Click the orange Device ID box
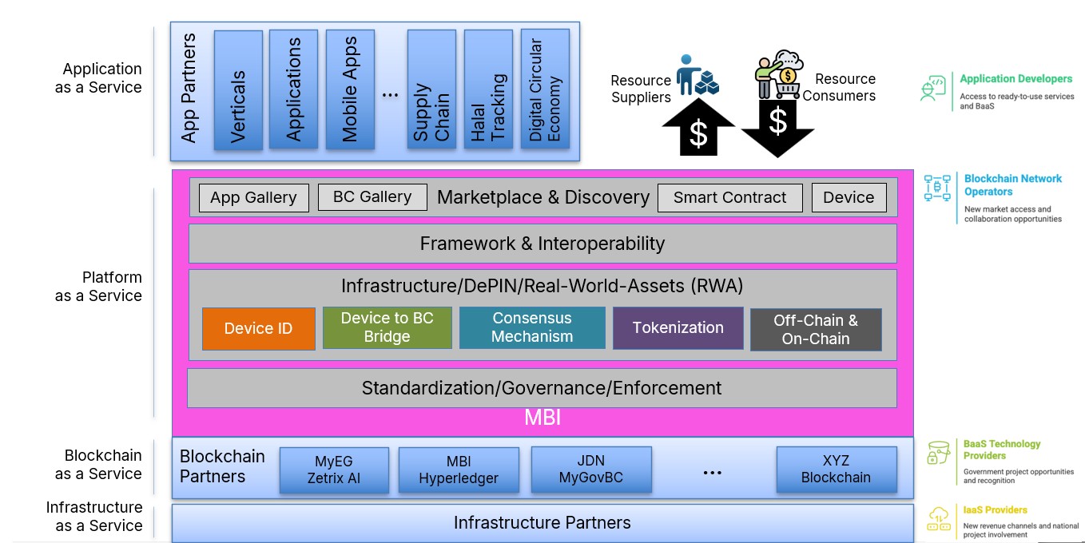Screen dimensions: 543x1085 tap(248, 328)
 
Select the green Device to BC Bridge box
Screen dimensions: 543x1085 tap(387, 327)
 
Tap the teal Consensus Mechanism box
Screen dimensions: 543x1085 tap(532, 327)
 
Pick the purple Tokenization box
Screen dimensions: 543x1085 tap(678, 327)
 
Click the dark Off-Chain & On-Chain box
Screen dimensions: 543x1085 tap(816, 330)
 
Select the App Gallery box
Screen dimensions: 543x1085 tap(253, 197)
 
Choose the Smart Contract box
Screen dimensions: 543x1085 tap(729, 197)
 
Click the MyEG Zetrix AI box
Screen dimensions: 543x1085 tap(334, 470)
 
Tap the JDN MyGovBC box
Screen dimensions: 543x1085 tap(590, 470)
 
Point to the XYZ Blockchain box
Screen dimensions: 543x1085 tap(837, 470)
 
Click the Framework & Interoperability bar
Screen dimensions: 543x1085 tap(542, 244)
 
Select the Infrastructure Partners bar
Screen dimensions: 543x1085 tap(542, 523)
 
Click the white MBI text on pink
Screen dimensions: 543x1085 tap(542, 418)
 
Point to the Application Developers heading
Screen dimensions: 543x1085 tap(1015, 78)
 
